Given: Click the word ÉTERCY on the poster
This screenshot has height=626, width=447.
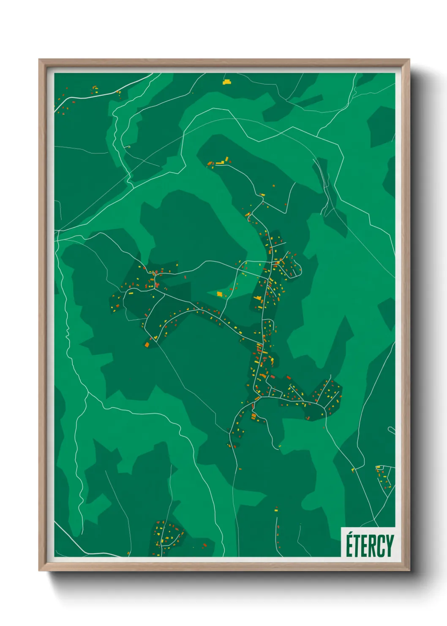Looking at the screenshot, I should [370, 546].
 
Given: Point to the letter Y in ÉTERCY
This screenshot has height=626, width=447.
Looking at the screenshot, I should [390, 546].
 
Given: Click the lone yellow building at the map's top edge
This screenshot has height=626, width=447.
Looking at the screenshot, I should [227, 82].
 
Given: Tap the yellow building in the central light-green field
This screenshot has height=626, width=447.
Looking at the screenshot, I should [219, 294].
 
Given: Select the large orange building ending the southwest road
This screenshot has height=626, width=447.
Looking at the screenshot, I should [147, 344].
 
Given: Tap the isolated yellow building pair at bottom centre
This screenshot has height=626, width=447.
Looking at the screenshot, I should [276, 509].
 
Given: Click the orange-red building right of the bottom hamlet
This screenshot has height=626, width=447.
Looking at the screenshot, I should [205, 545].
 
